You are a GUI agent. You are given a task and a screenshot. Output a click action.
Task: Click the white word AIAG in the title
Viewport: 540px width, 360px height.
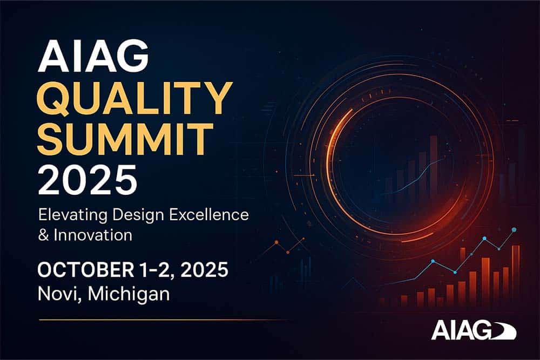(x=93, y=56)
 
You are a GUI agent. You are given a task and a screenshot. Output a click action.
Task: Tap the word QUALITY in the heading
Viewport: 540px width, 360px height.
(x=134, y=99)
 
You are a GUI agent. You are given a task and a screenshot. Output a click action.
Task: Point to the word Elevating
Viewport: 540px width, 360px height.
(x=73, y=215)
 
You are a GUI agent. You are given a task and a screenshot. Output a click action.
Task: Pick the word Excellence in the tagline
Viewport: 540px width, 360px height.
(x=209, y=214)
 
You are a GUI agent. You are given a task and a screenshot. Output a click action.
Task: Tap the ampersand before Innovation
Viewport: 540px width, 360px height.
(x=43, y=235)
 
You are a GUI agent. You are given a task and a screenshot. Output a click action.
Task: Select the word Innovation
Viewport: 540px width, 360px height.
(x=93, y=235)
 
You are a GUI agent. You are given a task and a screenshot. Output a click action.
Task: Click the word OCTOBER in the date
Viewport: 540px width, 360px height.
(x=86, y=269)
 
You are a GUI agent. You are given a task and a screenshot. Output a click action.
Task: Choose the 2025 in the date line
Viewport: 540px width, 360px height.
(x=204, y=269)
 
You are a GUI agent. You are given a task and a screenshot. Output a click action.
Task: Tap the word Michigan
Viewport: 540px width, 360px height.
(x=129, y=295)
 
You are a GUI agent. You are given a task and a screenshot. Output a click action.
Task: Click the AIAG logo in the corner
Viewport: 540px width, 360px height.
(x=474, y=330)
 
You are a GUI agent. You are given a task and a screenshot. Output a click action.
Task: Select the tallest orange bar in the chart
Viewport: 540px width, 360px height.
(x=516, y=276)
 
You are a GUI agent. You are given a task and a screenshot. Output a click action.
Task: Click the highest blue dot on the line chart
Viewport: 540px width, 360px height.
(x=514, y=229)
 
